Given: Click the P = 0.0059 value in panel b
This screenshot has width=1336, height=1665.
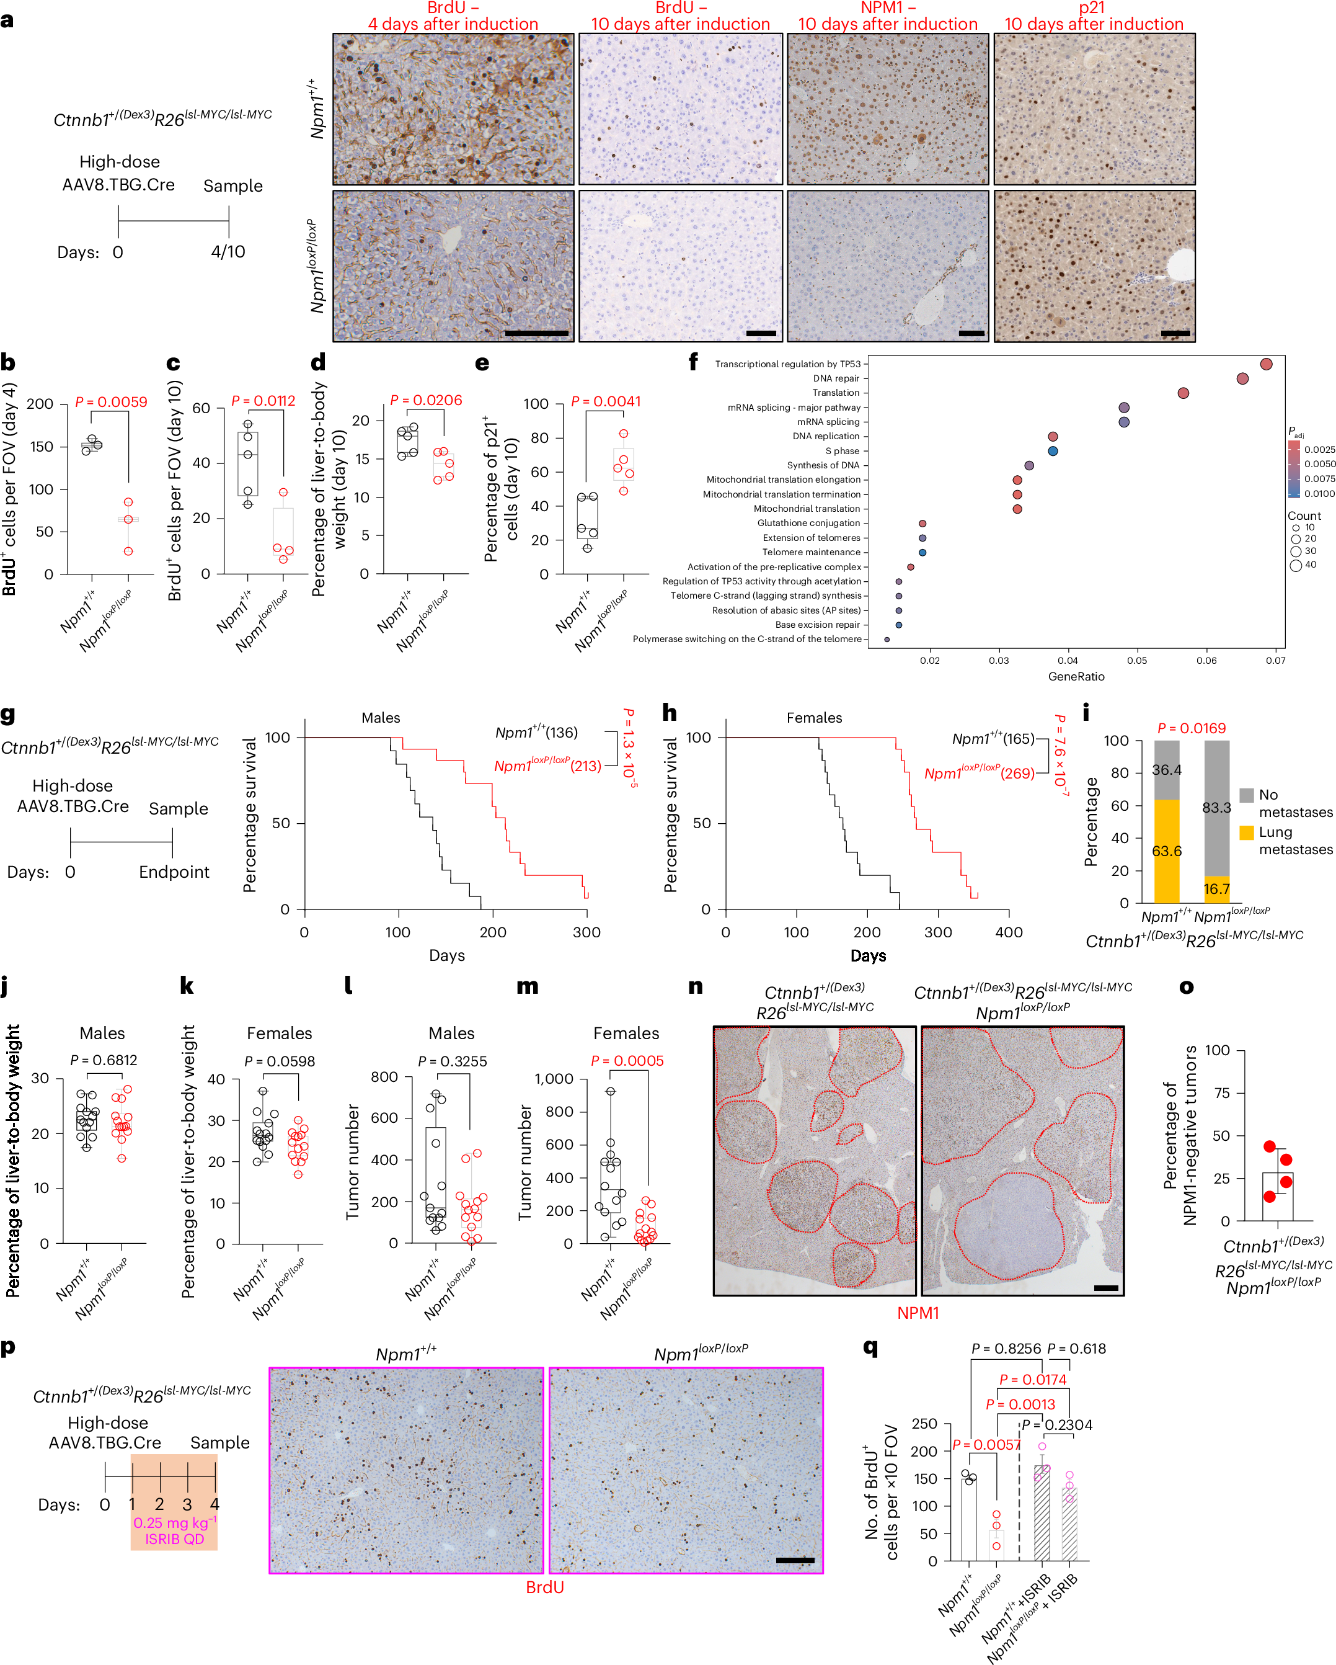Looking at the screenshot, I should coord(111,403).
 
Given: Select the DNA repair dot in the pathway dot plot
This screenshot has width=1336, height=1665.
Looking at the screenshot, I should coord(1242,378).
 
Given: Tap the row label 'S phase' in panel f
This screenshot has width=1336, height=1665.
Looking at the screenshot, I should coord(842,451).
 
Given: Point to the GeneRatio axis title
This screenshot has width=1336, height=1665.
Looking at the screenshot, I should coord(1076,677).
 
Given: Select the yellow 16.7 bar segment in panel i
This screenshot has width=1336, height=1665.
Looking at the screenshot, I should coord(1216,889).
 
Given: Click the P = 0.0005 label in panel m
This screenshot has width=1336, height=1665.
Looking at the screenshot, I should coord(627,1061).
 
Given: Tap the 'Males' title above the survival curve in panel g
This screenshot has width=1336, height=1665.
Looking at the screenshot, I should coord(381,718).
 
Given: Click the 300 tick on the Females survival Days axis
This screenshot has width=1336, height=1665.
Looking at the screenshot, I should coord(938,933).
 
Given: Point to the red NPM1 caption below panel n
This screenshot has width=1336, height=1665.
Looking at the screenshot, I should coord(918,1313).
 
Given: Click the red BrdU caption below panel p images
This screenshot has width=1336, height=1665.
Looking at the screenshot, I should coord(545,1587).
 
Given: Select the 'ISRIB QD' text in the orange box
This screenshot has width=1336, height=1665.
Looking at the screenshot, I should coord(174,1539).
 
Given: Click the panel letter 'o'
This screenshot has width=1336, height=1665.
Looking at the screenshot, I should coord(1186,987).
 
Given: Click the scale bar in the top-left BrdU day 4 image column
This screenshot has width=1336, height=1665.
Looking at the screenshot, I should coord(536,333).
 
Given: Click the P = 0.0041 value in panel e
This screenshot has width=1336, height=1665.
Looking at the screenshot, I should coord(606,401).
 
